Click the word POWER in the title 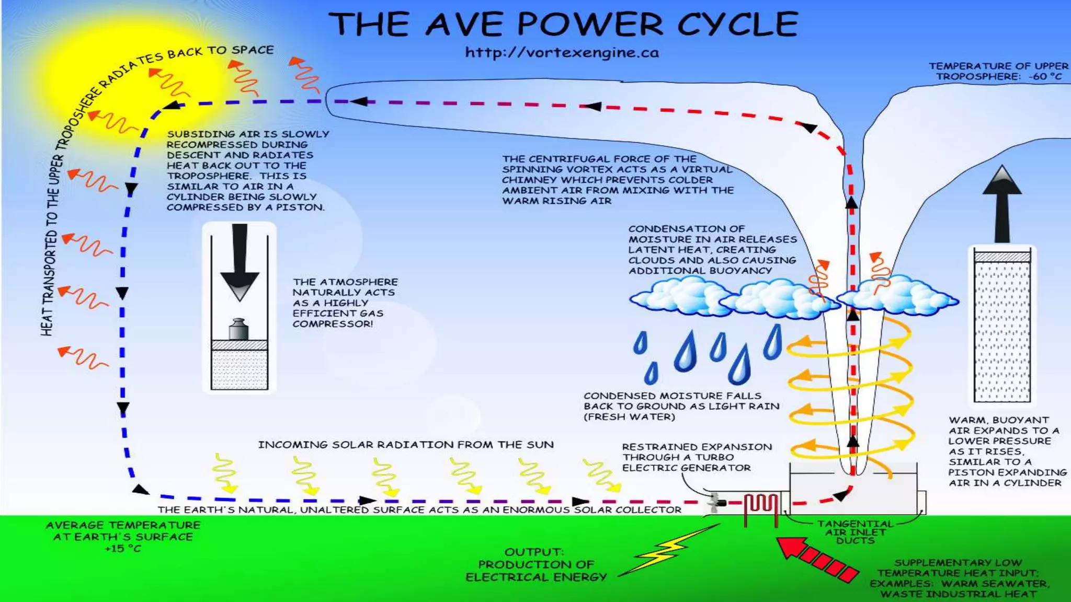(x=590, y=24)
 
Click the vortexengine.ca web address (x=562, y=53)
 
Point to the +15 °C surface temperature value (x=123, y=549)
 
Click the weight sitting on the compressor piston (x=238, y=329)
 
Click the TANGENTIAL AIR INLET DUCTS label (x=856, y=532)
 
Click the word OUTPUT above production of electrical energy (x=533, y=552)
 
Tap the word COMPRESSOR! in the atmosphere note (x=333, y=324)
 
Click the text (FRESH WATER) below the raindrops (x=630, y=417)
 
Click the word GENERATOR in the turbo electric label (x=716, y=468)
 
